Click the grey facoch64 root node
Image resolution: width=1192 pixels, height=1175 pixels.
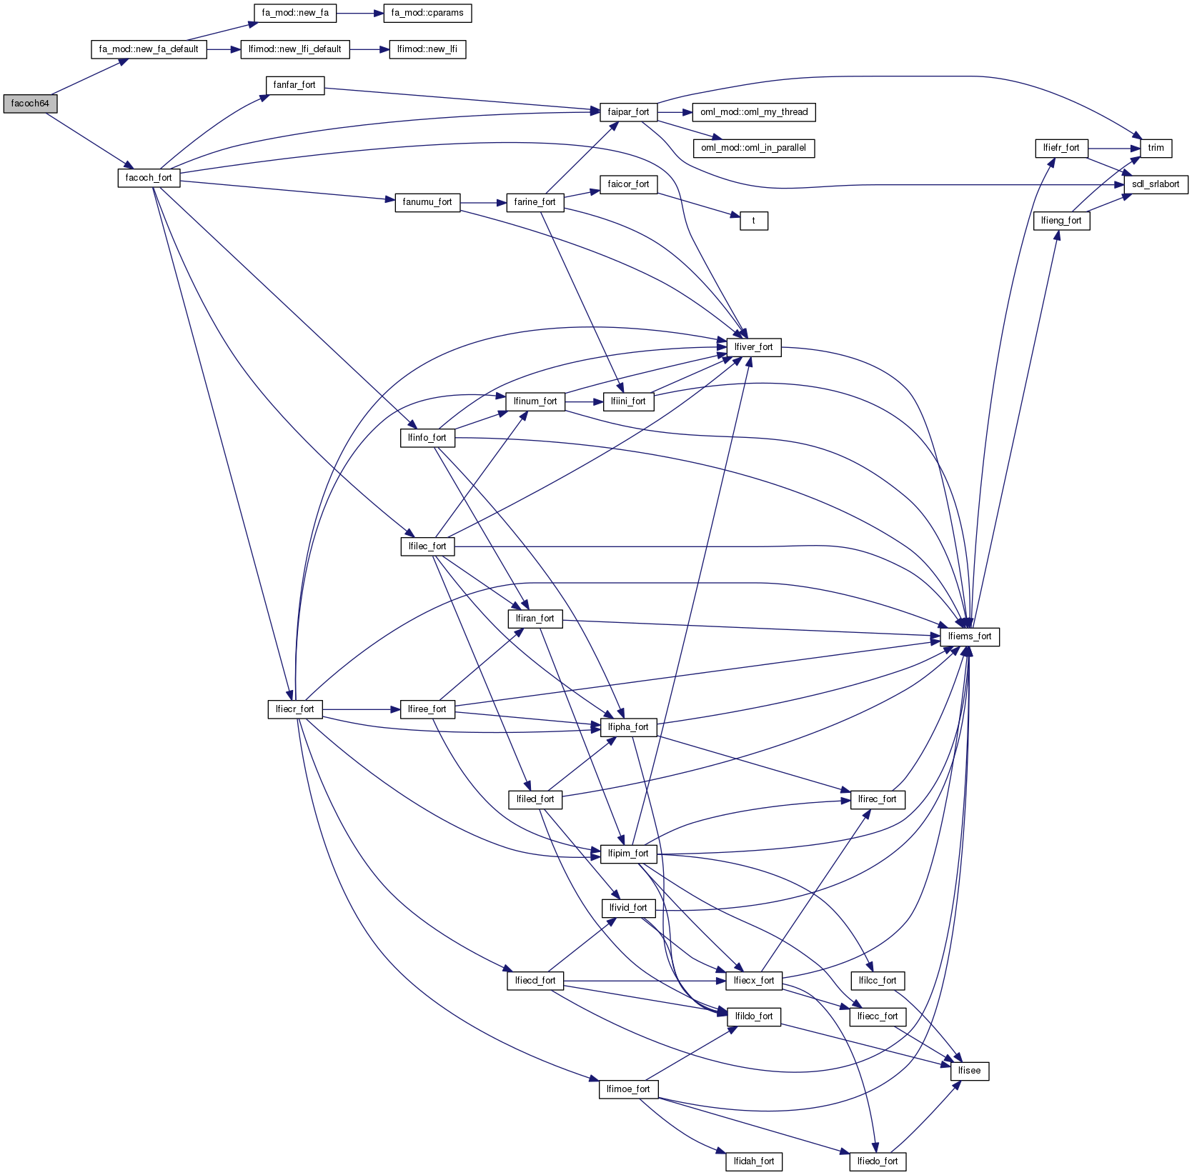pos(30,104)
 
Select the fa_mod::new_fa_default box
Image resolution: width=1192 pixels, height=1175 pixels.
pos(149,49)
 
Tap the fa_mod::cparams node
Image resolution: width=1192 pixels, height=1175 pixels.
pos(427,13)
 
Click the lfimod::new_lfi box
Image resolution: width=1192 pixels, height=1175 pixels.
pos(427,49)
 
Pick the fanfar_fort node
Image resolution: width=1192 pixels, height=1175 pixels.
pos(294,85)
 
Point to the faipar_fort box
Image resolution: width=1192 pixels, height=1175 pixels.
pos(628,112)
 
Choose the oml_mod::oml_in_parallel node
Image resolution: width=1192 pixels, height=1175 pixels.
pos(753,148)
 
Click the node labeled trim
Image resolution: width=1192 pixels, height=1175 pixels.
pos(1156,148)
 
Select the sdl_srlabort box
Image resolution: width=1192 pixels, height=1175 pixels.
pos(1156,184)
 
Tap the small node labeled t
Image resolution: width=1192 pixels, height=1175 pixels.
pos(753,221)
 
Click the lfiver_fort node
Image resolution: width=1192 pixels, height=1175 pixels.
pos(753,347)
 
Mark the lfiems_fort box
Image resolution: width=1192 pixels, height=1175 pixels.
pos(970,636)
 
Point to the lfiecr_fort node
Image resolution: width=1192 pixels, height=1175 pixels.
pos(294,709)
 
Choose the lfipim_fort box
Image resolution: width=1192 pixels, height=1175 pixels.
pos(628,854)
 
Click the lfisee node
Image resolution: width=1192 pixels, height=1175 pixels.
pos(970,1071)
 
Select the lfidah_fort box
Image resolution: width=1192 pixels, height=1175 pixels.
pos(753,1161)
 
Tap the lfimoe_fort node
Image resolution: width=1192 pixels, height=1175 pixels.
pos(628,1089)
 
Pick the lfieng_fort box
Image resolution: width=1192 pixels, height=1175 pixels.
pos(1061,221)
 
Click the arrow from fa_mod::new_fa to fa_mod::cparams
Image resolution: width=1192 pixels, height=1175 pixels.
pos(360,13)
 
